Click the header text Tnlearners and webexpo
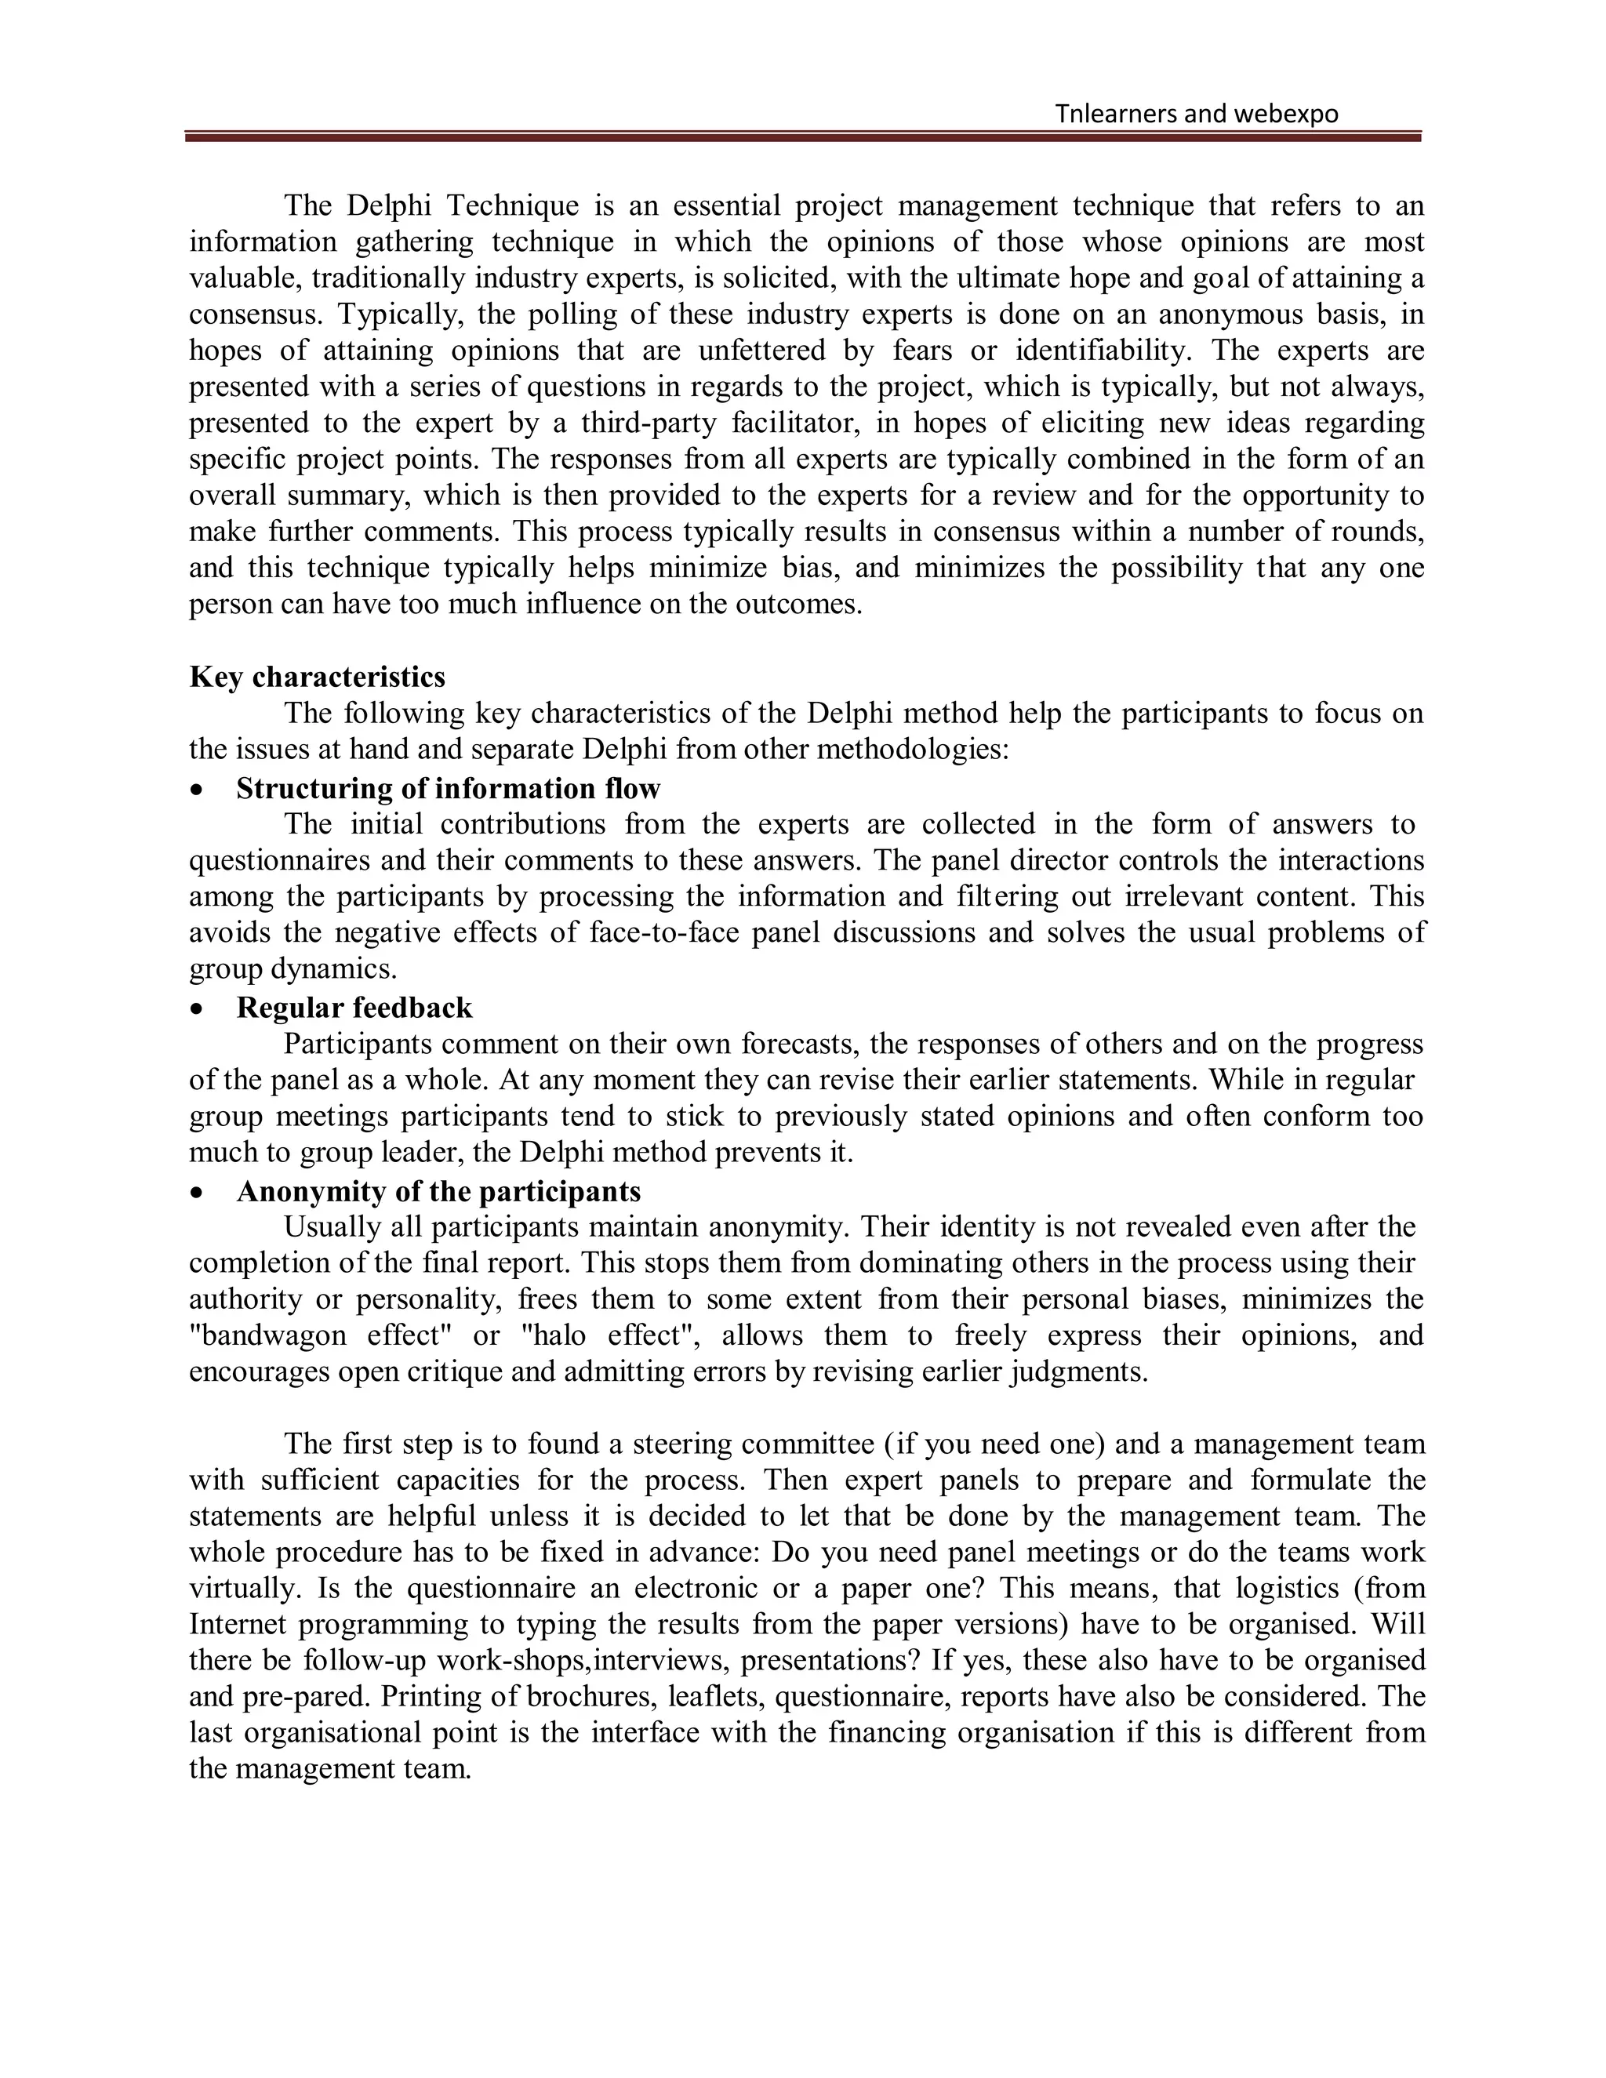(x=1196, y=114)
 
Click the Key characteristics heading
(x=317, y=677)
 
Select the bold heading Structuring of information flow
(x=448, y=788)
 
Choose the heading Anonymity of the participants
(x=438, y=1191)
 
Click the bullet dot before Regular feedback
(x=197, y=1008)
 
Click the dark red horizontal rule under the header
(x=802, y=138)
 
